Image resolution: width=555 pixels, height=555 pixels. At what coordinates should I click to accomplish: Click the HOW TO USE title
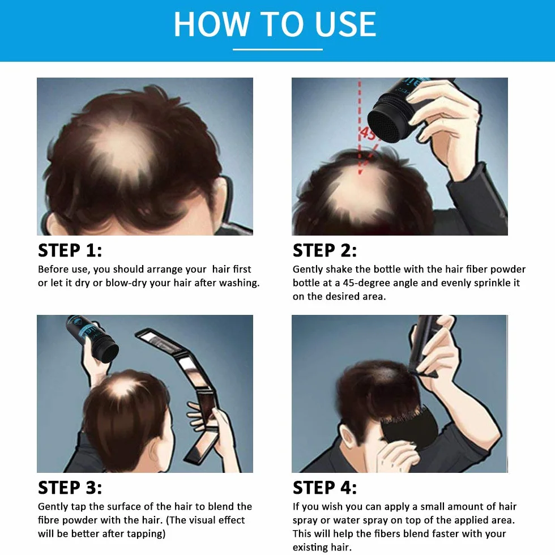tap(275, 24)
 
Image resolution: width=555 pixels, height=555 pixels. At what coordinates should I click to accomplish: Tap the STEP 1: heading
tap(70, 250)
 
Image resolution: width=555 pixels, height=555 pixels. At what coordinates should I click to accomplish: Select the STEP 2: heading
tap(325, 250)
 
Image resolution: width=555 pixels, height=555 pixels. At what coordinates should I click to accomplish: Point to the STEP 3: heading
tap(70, 488)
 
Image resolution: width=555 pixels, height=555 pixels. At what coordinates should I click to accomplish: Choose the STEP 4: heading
tap(325, 488)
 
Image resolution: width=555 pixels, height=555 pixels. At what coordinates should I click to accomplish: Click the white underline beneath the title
tap(277, 49)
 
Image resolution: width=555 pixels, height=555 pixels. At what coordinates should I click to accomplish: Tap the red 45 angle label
tap(368, 134)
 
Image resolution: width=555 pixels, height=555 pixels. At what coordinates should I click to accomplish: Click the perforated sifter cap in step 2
tap(388, 126)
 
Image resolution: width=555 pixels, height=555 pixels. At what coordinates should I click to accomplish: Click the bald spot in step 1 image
tap(122, 151)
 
